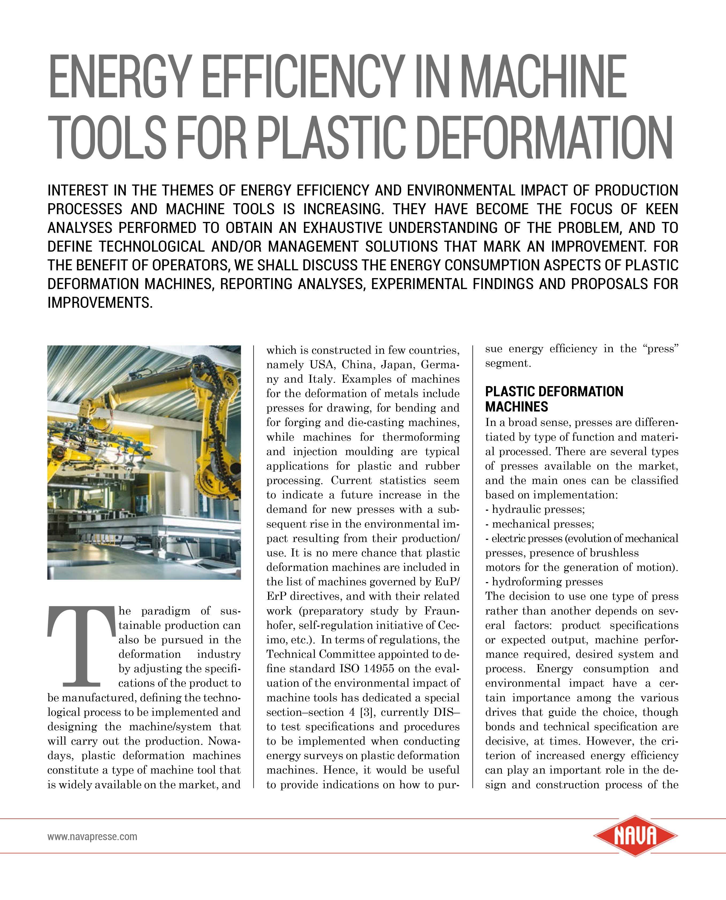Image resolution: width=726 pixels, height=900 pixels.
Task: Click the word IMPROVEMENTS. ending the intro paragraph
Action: click(100, 302)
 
